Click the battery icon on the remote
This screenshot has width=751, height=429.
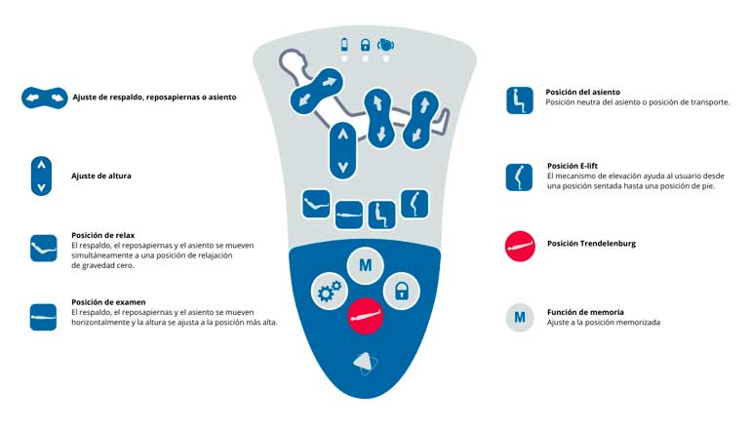click(x=344, y=45)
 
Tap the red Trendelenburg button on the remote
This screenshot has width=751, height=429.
click(x=365, y=316)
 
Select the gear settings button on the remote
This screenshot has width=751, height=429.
click(x=329, y=292)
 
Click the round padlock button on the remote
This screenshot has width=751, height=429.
click(x=402, y=292)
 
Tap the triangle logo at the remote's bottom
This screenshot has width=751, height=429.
click(x=365, y=364)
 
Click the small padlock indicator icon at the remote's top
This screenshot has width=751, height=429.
click(x=365, y=45)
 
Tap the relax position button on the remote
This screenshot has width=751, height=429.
click(x=316, y=204)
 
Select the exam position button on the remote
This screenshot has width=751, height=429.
click(x=349, y=214)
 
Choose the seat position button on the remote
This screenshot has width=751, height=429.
click(x=381, y=214)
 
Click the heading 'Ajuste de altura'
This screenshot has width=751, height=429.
click(x=101, y=175)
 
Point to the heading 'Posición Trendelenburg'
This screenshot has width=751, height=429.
click(x=591, y=243)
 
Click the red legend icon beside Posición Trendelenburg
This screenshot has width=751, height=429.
click(x=520, y=246)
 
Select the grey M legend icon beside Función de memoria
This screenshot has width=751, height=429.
click(x=520, y=318)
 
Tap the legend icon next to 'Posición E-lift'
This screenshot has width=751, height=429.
click(x=519, y=177)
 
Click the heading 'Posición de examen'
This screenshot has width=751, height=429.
click(x=108, y=302)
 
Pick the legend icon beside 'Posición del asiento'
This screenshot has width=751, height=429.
click(x=520, y=100)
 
